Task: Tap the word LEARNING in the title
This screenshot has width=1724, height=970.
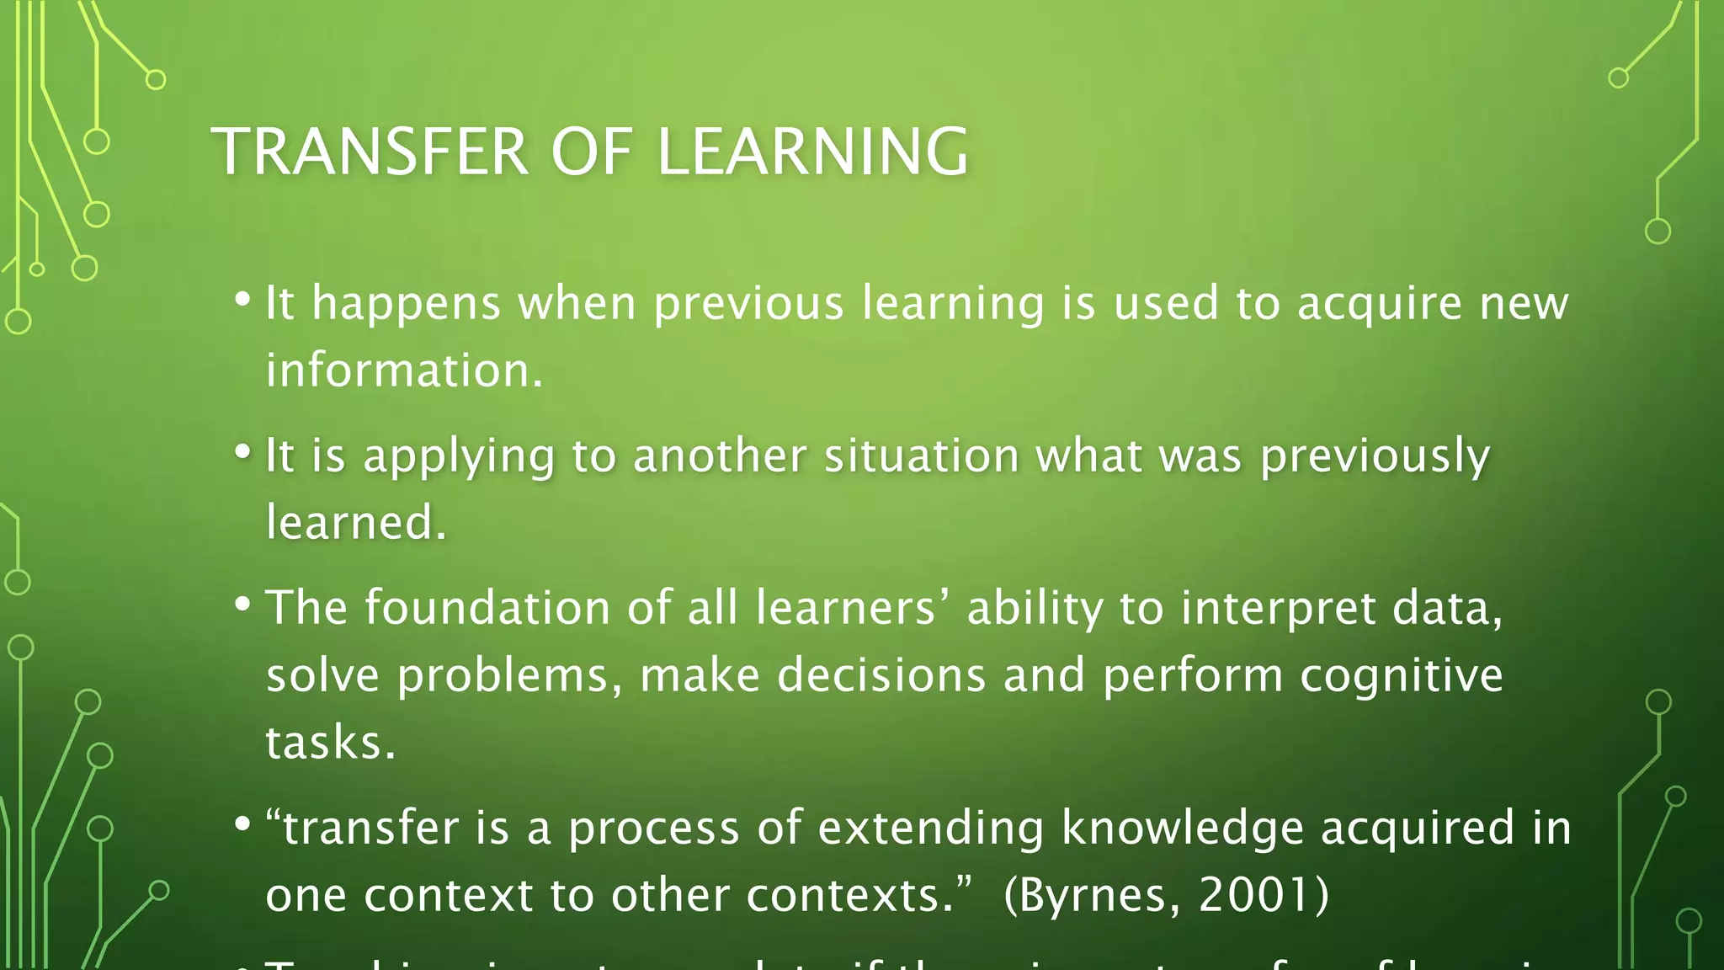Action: pyautogui.click(x=812, y=152)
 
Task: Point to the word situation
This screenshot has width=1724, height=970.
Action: pyautogui.click(x=921, y=456)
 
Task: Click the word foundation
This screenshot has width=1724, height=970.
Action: pyautogui.click(x=487, y=608)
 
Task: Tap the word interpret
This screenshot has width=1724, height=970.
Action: pyautogui.click(x=1278, y=610)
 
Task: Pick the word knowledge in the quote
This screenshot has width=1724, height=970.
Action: pyautogui.click(x=1182, y=829)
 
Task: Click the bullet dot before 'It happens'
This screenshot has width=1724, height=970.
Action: pyautogui.click(x=242, y=300)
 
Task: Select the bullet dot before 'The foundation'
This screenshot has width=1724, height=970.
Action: pyautogui.click(x=242, y=605)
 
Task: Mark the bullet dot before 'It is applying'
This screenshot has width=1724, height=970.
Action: pyautogui.click(x=242, y=452)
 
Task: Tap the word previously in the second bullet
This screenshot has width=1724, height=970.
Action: pyautogui.click(x=1374, y=458)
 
